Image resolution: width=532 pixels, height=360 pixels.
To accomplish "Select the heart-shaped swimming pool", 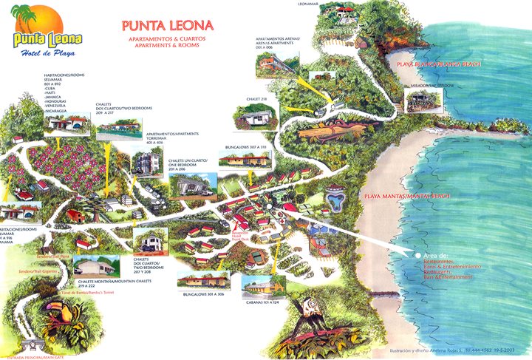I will [335, 199].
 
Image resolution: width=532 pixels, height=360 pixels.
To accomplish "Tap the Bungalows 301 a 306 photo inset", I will [200, 279].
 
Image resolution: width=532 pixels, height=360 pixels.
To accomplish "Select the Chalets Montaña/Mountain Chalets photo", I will [96, 266].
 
